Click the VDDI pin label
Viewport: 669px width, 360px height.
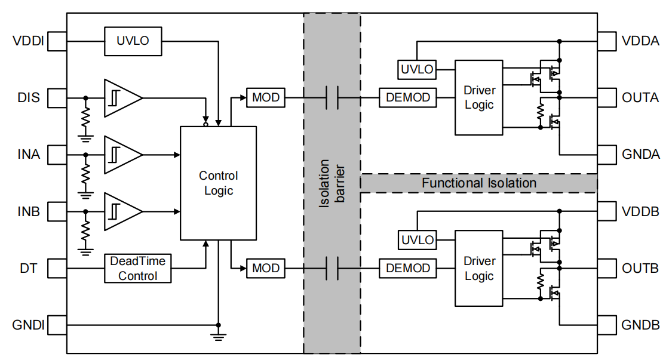tap(27, 42)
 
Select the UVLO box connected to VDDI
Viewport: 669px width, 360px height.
tap(133, 41)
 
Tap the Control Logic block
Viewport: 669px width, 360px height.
tap(218, 183)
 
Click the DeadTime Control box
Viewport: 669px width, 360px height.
tap(138, 269)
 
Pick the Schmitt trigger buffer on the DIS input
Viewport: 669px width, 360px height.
tap(122, 97)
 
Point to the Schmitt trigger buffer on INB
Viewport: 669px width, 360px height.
tap(122, 211)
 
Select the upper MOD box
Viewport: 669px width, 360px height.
tap(266, 97)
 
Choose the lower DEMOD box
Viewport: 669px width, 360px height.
tap(408, 269)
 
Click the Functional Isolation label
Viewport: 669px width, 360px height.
tap(479, 183)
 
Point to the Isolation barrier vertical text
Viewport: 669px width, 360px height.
tap(332, 183)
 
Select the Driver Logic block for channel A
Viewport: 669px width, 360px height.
tap(478, 97)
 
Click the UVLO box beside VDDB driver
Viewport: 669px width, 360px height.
tap(417, 241)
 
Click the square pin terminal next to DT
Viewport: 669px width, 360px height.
tap(58, 269)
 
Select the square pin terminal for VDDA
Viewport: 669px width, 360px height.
tap(606, 42)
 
